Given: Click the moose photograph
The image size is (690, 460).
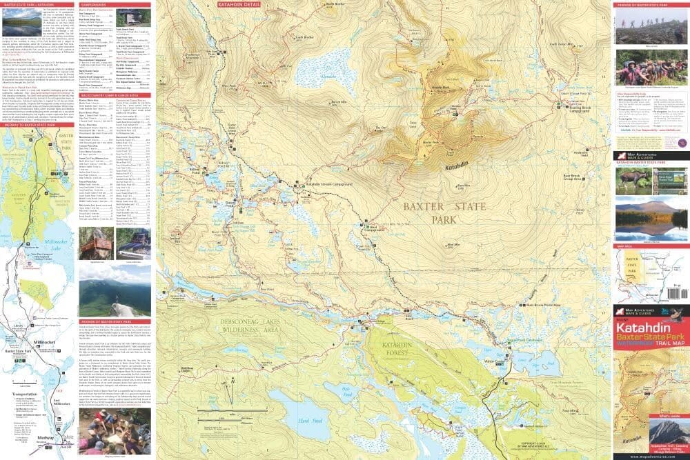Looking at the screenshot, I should tap(632, 181).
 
